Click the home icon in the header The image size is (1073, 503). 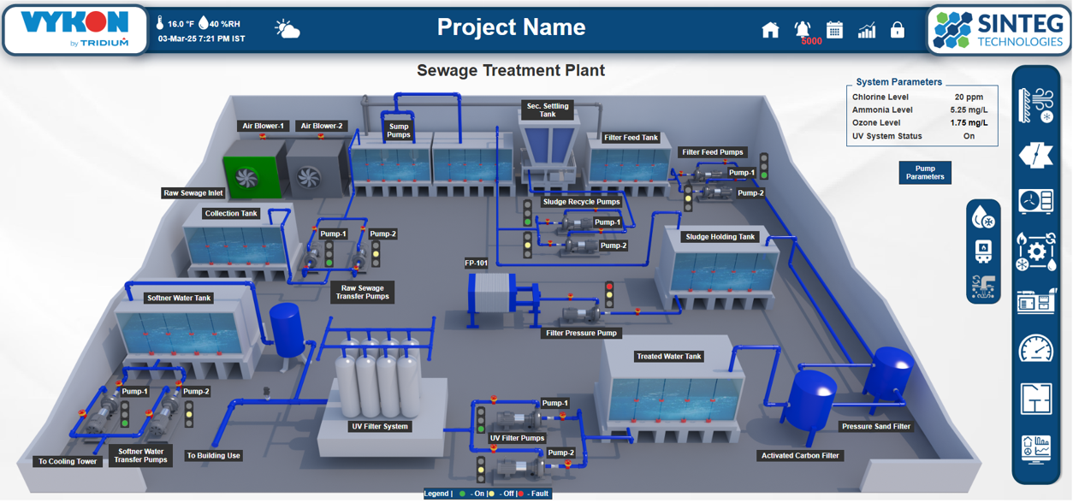point(770,30)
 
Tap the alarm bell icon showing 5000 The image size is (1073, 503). point(803,29)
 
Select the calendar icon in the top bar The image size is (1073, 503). point(834,30)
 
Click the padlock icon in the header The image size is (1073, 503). point(897,30)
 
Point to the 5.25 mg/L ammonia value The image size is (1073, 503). point(969,109)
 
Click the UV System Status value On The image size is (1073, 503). point(969,136)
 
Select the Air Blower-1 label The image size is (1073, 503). point(263,126)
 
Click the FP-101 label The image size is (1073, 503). point(477,263)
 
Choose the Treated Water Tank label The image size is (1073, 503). point(669,356)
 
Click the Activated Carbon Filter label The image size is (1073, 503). point(801,456)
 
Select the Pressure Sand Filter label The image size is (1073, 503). point(876,426)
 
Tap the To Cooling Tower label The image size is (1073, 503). point(68,461)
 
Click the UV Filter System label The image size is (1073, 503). point(380,426)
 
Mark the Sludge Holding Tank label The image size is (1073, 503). point(720,237)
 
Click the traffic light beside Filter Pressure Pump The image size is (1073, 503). point(609,295)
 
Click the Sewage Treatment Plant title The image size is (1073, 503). point(511,70)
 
